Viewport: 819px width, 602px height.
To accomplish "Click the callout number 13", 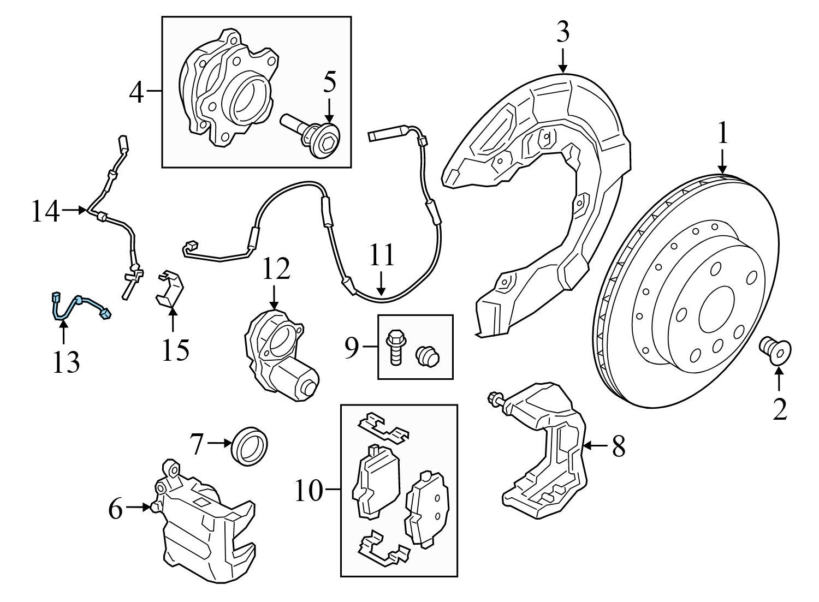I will pyautogui.click(x=66, y=361).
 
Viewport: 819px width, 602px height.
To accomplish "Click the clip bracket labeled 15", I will pyautogui.click(x=170, y=289).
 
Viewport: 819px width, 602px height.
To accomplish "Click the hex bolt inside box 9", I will pyautogui.click(x=395, y=346).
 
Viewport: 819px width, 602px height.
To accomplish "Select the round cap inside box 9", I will pyautogui.click(x=428, y=355).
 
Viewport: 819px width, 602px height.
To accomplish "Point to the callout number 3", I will pyautogui.click(x=563, y=33).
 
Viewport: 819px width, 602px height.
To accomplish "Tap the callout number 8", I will pyautogui.click(x=618, y=446).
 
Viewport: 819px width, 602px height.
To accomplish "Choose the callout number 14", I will pyautogui.click(x=45, y=211).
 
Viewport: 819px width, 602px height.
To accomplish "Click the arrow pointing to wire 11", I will pyautogui.click(x=381, y=284).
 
